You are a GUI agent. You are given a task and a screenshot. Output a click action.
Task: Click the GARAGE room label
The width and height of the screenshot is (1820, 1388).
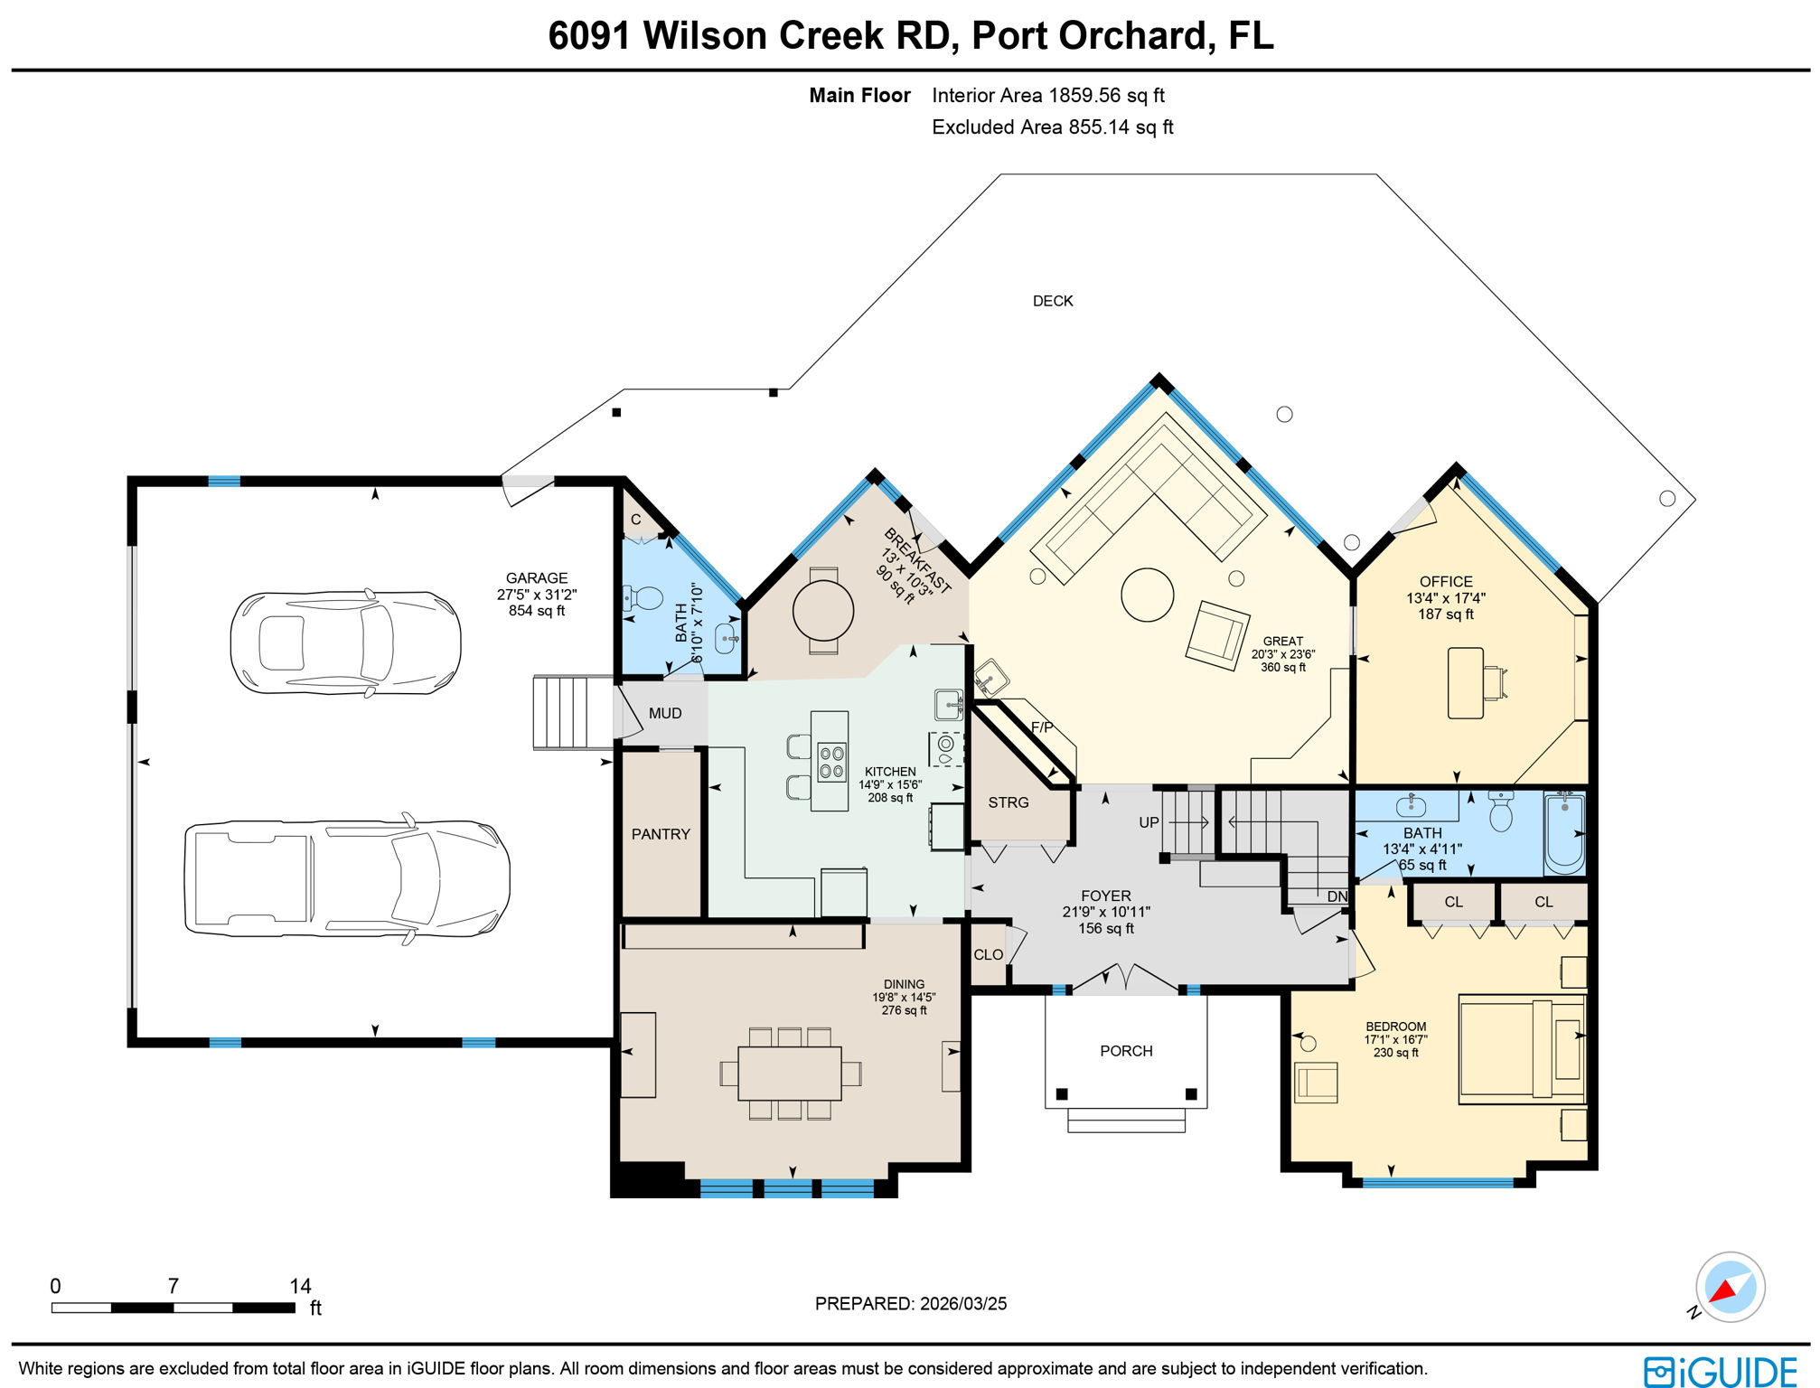click(x=536, y=578)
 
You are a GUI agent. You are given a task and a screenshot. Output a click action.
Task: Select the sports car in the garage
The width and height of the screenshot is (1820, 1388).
click(x=345, y=642)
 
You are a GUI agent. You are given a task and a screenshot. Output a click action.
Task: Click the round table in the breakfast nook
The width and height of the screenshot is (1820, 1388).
click(x=822, y=611)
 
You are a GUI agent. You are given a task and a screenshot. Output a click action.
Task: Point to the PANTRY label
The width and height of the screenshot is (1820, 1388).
click(x=661, y=834)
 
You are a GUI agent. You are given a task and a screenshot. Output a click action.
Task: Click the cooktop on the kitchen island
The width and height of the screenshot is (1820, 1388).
click(x=831, y=761)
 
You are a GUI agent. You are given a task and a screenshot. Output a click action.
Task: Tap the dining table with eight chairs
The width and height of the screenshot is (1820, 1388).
click(x=789, y=1073)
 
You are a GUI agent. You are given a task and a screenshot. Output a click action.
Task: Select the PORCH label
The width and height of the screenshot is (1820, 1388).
click(x=1126, y=1051)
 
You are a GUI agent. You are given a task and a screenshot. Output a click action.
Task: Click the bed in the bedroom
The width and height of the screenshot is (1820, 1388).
click(x=1522, y=1049)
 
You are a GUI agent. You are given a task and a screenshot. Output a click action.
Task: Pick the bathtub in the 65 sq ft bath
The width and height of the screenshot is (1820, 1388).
click(x=1564, y=832)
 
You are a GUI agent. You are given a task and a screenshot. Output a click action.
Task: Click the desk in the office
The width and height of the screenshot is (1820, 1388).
click(x=1465, y=683)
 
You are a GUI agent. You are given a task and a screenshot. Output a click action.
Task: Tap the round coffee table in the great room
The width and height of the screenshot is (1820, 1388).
click(x=1147, y=595)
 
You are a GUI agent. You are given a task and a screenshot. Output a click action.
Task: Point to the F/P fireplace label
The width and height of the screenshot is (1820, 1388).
click(x=1042, y=727)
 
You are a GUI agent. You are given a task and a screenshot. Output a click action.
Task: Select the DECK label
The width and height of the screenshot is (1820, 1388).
click(x=1053, y=301)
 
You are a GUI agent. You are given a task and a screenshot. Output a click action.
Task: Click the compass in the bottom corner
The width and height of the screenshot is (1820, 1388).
click(x=1729, y=1287)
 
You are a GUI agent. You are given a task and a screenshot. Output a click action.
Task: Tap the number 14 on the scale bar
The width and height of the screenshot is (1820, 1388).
click(x=300, y=1286)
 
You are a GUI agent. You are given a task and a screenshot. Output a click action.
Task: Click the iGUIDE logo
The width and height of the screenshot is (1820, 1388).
click(x=1720, y=1371)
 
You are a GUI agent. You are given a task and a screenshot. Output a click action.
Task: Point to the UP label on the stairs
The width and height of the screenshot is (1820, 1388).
click(x=1149, y=822)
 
